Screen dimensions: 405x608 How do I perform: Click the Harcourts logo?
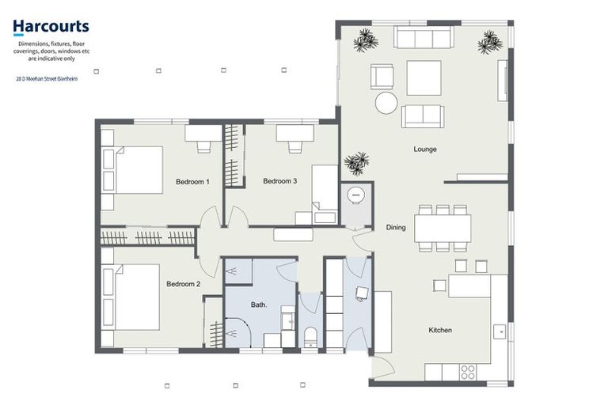click(x=51, y=28)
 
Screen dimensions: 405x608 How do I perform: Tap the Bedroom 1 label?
click(x=192, y=182)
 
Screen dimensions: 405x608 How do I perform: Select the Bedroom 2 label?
click(x=183, y=284)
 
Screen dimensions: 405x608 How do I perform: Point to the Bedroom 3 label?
click(x=279, y=181)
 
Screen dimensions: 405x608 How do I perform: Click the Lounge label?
click(x=424, y=149)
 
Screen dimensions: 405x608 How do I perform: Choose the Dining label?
click(x=396, y=228)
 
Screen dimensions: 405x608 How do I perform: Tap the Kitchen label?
click(x=440, y=330)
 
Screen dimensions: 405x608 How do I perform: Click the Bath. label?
click(x=260, y=305)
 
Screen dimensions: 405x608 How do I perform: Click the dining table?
click(x=443, y=228)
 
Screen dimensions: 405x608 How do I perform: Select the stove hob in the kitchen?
click(x=468, y=370)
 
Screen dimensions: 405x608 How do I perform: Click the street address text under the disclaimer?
click(x=47, y=79)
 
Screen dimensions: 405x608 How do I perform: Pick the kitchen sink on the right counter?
click(x=499, y=331)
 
